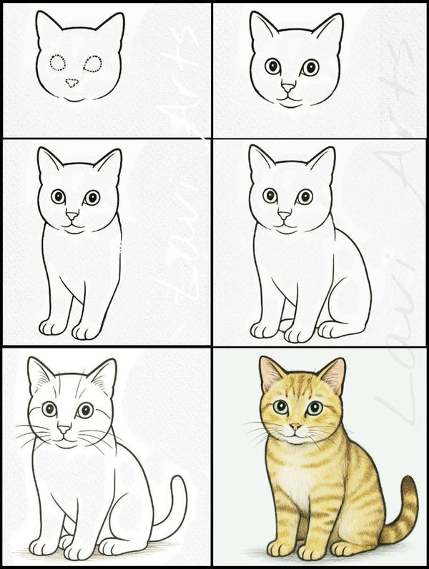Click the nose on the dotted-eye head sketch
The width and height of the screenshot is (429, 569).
coord(71,83)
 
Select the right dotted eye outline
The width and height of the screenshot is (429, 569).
coord(92,64)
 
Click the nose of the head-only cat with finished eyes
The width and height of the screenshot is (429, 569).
coord(287,87)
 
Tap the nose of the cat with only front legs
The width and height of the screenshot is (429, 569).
coord(71,214)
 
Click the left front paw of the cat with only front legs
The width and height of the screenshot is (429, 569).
coord(52,327)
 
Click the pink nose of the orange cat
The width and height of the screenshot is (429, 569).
coord(294,427)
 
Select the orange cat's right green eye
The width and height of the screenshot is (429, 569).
coord(314,408)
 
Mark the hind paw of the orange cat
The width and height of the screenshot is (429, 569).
coord(348,548)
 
